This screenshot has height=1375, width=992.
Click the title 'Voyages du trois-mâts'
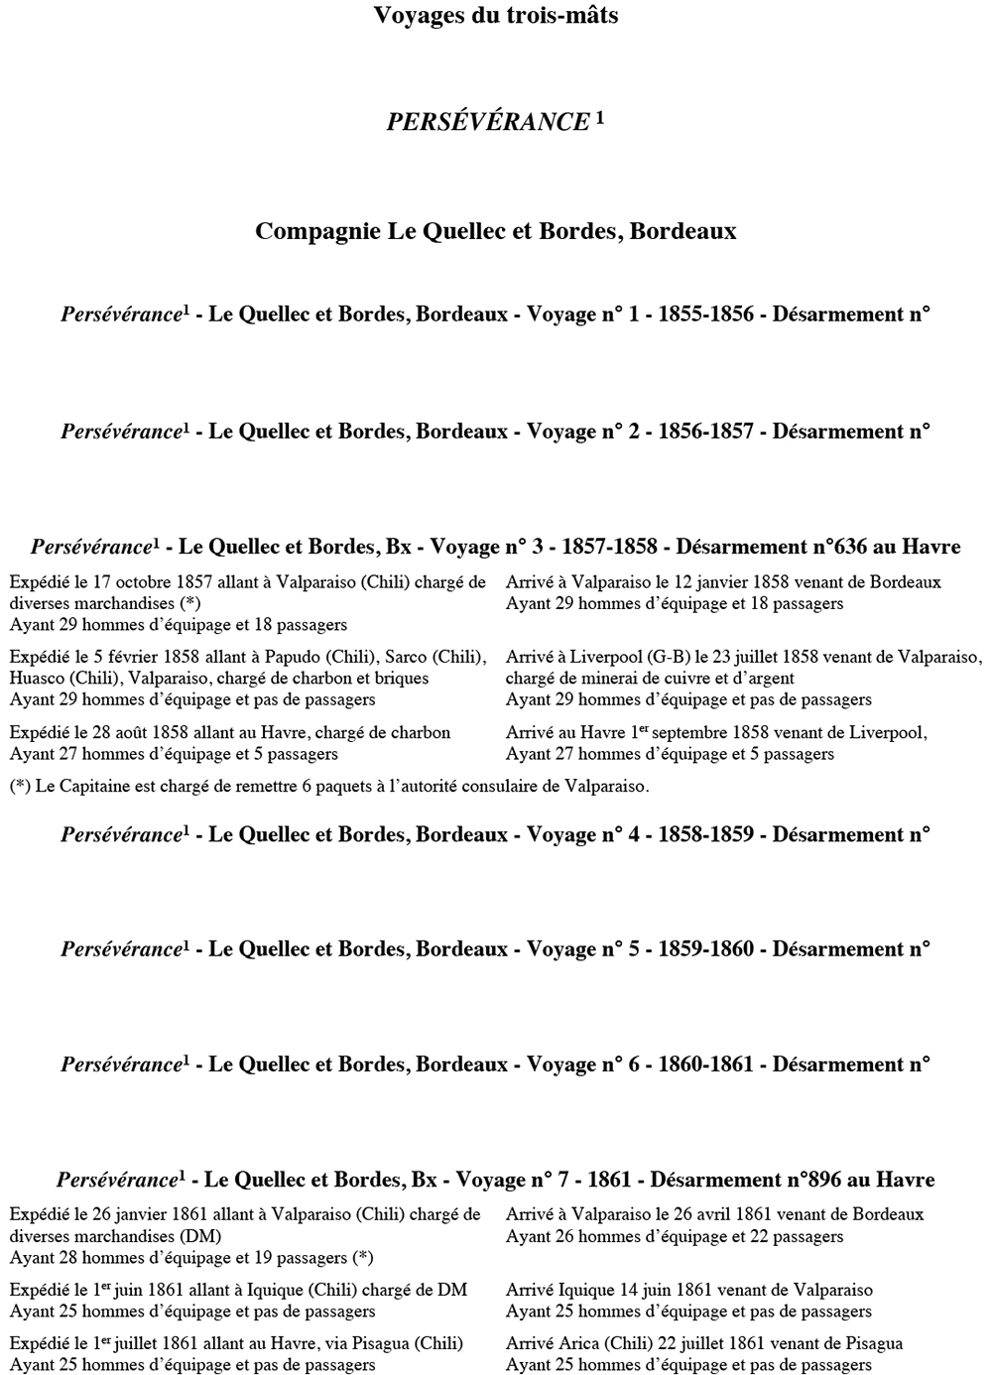(x=496, y=16)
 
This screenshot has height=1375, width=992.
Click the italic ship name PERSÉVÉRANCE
(x=488, y=122)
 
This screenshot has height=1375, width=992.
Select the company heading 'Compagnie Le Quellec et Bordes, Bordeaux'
(x=496, y=231)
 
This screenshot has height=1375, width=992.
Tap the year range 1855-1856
(x=705, y=314)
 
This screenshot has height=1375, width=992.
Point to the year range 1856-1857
(x=705, y=432)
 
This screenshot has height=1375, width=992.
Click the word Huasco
(x=38, y=679)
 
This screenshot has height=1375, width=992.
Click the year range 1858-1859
(x=705, y=834)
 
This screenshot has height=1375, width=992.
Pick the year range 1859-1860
(x=705, y=949)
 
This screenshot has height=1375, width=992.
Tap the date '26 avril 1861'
(x=714, y=1214)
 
